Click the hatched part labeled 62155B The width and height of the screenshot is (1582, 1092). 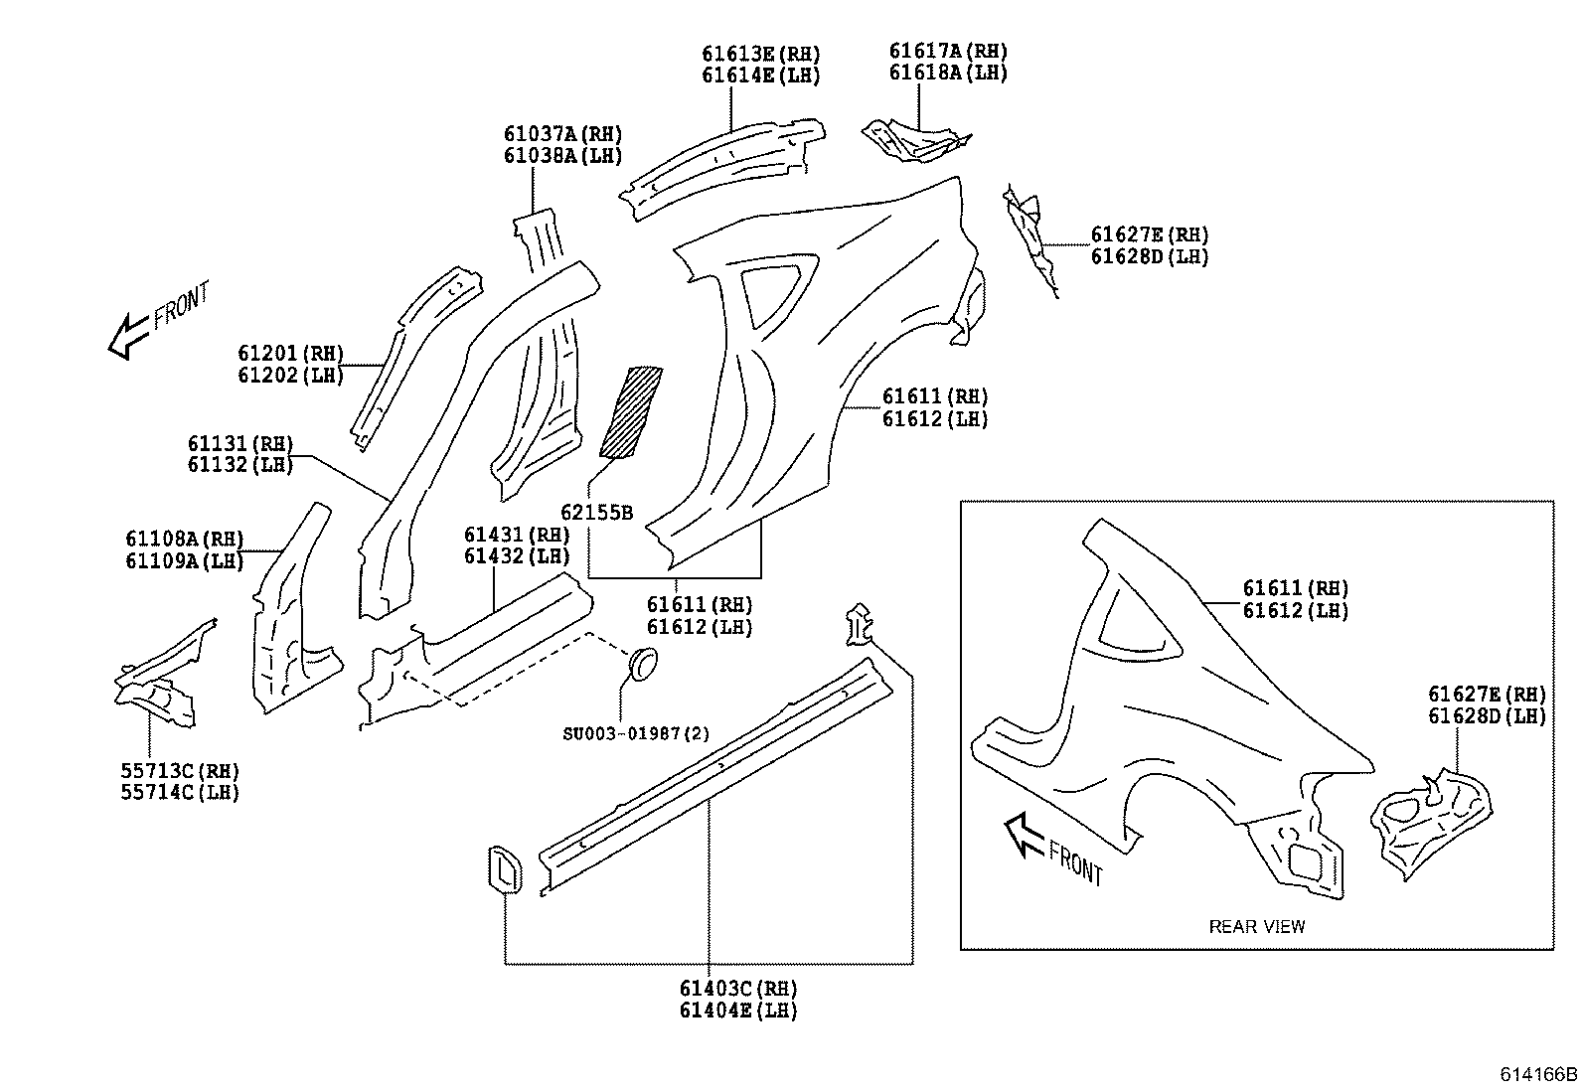tap(630, 411)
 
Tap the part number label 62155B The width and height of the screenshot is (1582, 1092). tap(596, 513)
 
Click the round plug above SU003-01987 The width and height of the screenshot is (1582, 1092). tap(644, 664)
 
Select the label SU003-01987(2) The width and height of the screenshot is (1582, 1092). tap(636, 733)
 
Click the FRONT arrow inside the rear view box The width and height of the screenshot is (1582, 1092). tap(1024, 833)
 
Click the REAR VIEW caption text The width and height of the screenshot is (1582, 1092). tap(1256, 927)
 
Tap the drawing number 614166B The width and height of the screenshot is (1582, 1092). tap(1538, 1075)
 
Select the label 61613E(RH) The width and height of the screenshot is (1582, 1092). tap(761, 54)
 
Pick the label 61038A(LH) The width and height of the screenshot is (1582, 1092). tap(562, 155)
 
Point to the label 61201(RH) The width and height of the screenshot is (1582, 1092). tap(290, 353)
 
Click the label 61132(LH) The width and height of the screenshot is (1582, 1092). tap(239, 464)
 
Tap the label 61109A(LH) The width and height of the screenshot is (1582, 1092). tap(184, 560)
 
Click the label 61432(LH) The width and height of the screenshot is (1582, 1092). tap(517, 556)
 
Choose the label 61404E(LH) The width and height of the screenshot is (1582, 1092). tap(738, 1011)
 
